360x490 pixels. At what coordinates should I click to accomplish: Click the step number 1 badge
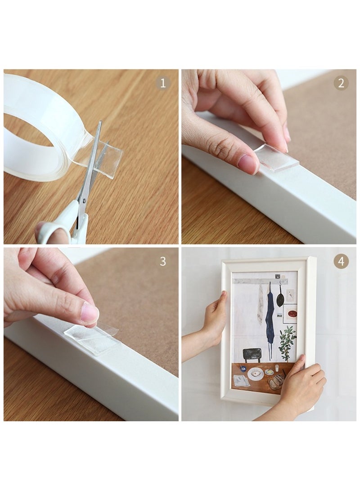[163, 83]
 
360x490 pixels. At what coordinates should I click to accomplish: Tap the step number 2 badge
[341, 83]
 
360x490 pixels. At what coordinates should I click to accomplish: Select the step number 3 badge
[163, 261]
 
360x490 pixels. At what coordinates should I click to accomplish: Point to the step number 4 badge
[341, 261]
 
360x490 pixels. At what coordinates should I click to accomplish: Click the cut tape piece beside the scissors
[110, 155]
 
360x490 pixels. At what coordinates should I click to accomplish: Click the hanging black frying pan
[280, 299]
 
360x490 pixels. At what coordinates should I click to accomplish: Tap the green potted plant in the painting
[287, 342]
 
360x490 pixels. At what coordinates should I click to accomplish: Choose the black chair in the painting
[252, 355]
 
